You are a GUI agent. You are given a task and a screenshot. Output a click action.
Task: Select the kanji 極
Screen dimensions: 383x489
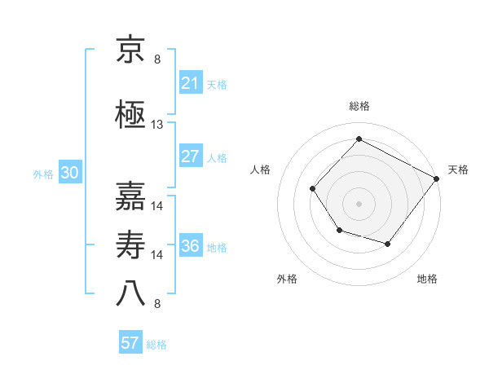(x=130, y=115)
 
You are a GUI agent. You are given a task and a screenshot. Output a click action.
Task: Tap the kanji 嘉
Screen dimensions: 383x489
(x=130, y=196)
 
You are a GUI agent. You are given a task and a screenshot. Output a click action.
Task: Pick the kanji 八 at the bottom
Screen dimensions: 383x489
(x=130, y=293)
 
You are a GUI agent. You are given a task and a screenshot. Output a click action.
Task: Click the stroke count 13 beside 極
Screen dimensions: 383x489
(x=157, y=125)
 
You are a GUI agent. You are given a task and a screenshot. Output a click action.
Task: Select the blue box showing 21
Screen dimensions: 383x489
(x=190, y=83)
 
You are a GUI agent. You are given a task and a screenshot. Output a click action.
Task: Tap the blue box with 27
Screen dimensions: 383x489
(x=190, y=156)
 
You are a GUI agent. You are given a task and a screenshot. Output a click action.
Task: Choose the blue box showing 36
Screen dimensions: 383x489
(x=190, y=246)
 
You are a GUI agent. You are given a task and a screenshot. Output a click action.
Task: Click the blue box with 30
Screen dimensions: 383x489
(x=69, y=173)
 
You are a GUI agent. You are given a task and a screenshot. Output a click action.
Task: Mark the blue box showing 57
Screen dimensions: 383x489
(x=130, y=343)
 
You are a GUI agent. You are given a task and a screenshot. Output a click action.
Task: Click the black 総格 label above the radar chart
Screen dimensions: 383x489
(x=359, y=106)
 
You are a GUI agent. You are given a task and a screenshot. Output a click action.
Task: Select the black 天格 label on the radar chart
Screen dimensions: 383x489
(x=458, y=169)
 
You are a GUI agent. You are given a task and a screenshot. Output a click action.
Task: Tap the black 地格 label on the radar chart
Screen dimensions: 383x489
(x=427, y=279)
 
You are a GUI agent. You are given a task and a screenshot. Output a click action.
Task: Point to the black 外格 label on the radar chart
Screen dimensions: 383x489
(x=287, y=279)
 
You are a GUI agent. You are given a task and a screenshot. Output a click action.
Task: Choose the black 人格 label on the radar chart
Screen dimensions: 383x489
(x=260, y=169)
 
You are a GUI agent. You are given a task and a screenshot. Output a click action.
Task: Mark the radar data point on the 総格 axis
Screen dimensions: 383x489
(x=359, y=139)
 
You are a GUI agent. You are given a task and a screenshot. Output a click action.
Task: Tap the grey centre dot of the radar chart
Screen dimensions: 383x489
(x=359, y=204)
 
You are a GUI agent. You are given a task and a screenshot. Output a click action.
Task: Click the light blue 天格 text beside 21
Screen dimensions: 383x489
(x=217, y=84)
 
